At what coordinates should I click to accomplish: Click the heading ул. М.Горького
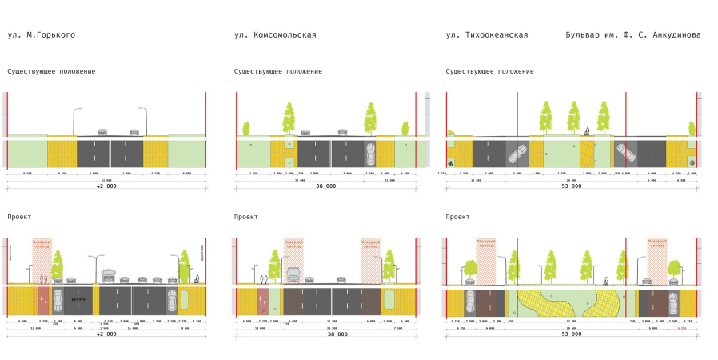pyautogui.click(x=42, y=35)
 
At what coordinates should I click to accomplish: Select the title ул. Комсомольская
pyautogui.click(x=275, y=35)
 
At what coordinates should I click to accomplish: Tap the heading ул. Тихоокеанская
pyautogui.click(x=487, y=35)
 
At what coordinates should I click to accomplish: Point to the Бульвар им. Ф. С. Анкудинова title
pyautogui.click(x=632, y=35)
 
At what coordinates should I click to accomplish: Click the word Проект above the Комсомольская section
pyautogui.click(x=246, y=217)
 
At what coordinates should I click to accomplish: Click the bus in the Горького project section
pyautogui.click(x=110, y=278)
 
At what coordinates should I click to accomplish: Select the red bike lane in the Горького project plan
pyautogui.click(x=42, y=301)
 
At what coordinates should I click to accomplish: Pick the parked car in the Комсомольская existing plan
pyautogui.click(x=369, y=152)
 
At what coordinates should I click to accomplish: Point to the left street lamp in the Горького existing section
pyautogui.click(x=76, y=120)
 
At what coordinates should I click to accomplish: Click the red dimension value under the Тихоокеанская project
pyautogui.click(x=682, y=327)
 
